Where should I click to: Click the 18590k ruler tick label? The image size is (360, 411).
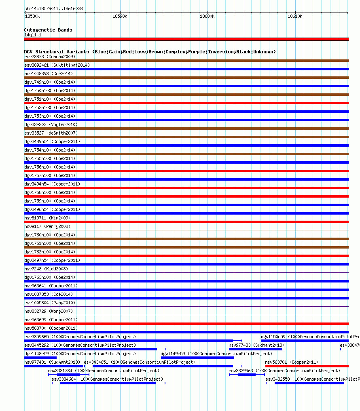coord(119,16)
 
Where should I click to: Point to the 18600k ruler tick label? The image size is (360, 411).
coord(207,16)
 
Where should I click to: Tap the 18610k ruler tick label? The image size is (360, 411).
coord(294,16)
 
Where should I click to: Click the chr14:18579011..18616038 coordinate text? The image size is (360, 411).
coord(53,8)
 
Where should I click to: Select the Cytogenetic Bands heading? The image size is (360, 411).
coord(48,30)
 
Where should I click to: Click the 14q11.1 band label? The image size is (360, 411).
coord(33,35)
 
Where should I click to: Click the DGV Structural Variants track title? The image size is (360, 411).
coord(150,52)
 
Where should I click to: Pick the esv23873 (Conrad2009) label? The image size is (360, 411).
coord(50,57)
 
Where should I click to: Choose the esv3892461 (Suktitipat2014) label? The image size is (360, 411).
coord(57,65)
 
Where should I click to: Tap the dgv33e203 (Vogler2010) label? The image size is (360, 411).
coord(51,124)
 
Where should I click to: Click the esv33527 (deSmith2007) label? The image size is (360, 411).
coord(51,133)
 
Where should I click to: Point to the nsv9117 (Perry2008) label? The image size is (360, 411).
coord(47,226)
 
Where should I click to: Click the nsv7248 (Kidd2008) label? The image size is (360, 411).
coord(46,269)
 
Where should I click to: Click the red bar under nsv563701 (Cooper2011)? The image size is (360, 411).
coord(307,366)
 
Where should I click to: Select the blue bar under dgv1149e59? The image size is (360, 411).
coord(197,358)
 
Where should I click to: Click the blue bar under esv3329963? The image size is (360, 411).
coord(246,375)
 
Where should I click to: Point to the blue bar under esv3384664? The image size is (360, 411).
coord(108,383)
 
